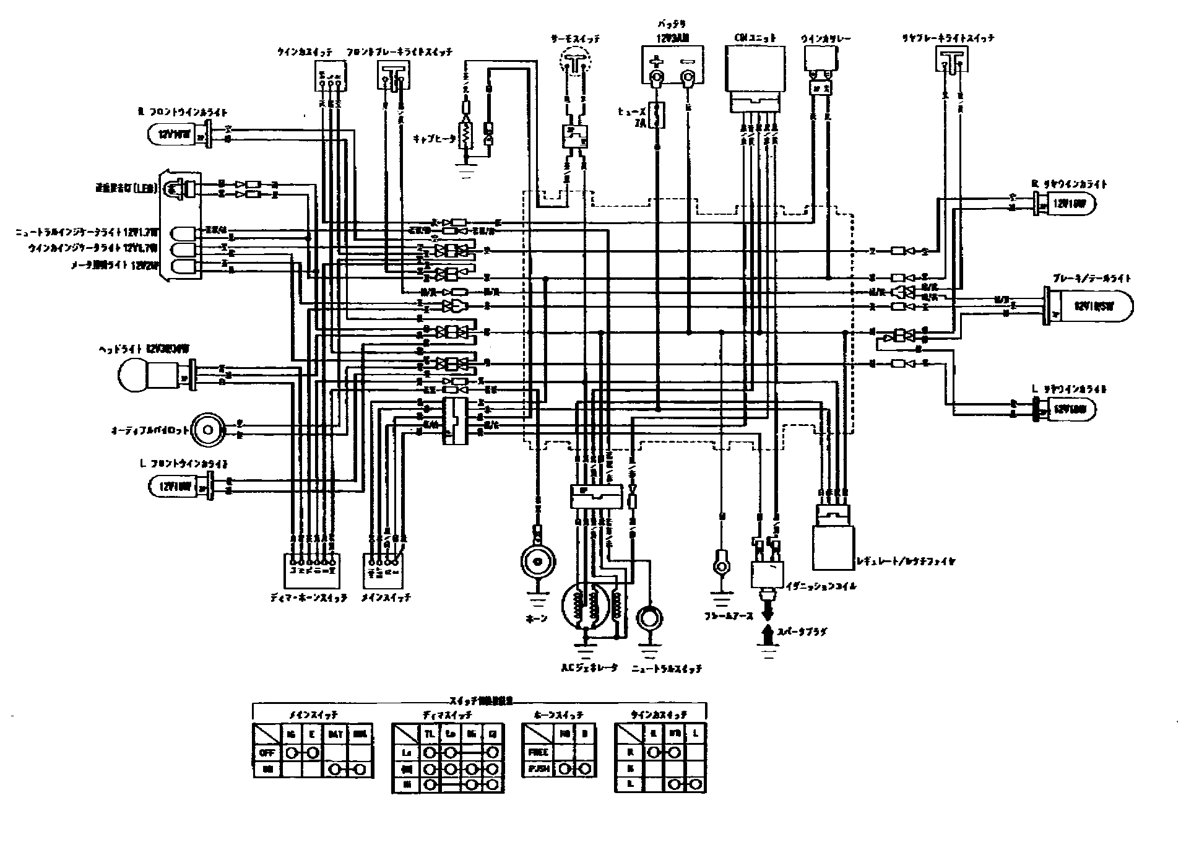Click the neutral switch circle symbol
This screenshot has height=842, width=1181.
click(650, 618)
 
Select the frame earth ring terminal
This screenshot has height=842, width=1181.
click(720, 565)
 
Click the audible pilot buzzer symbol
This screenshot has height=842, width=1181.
click(206, 429)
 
